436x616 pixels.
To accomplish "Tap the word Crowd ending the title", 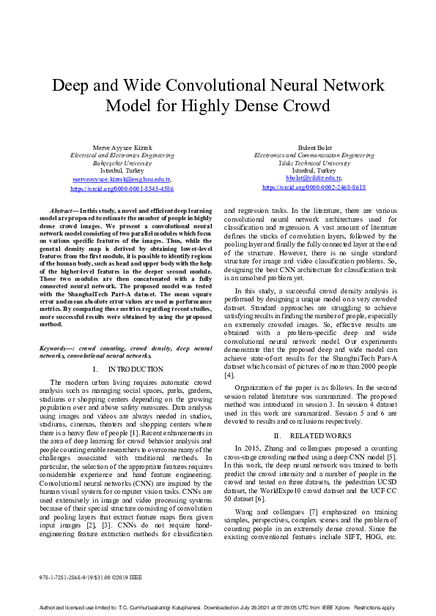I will (x=306, y=106).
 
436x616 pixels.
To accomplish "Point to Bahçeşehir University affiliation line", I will (x=122, y=162).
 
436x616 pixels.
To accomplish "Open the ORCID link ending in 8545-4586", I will (x=122, y=188).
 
